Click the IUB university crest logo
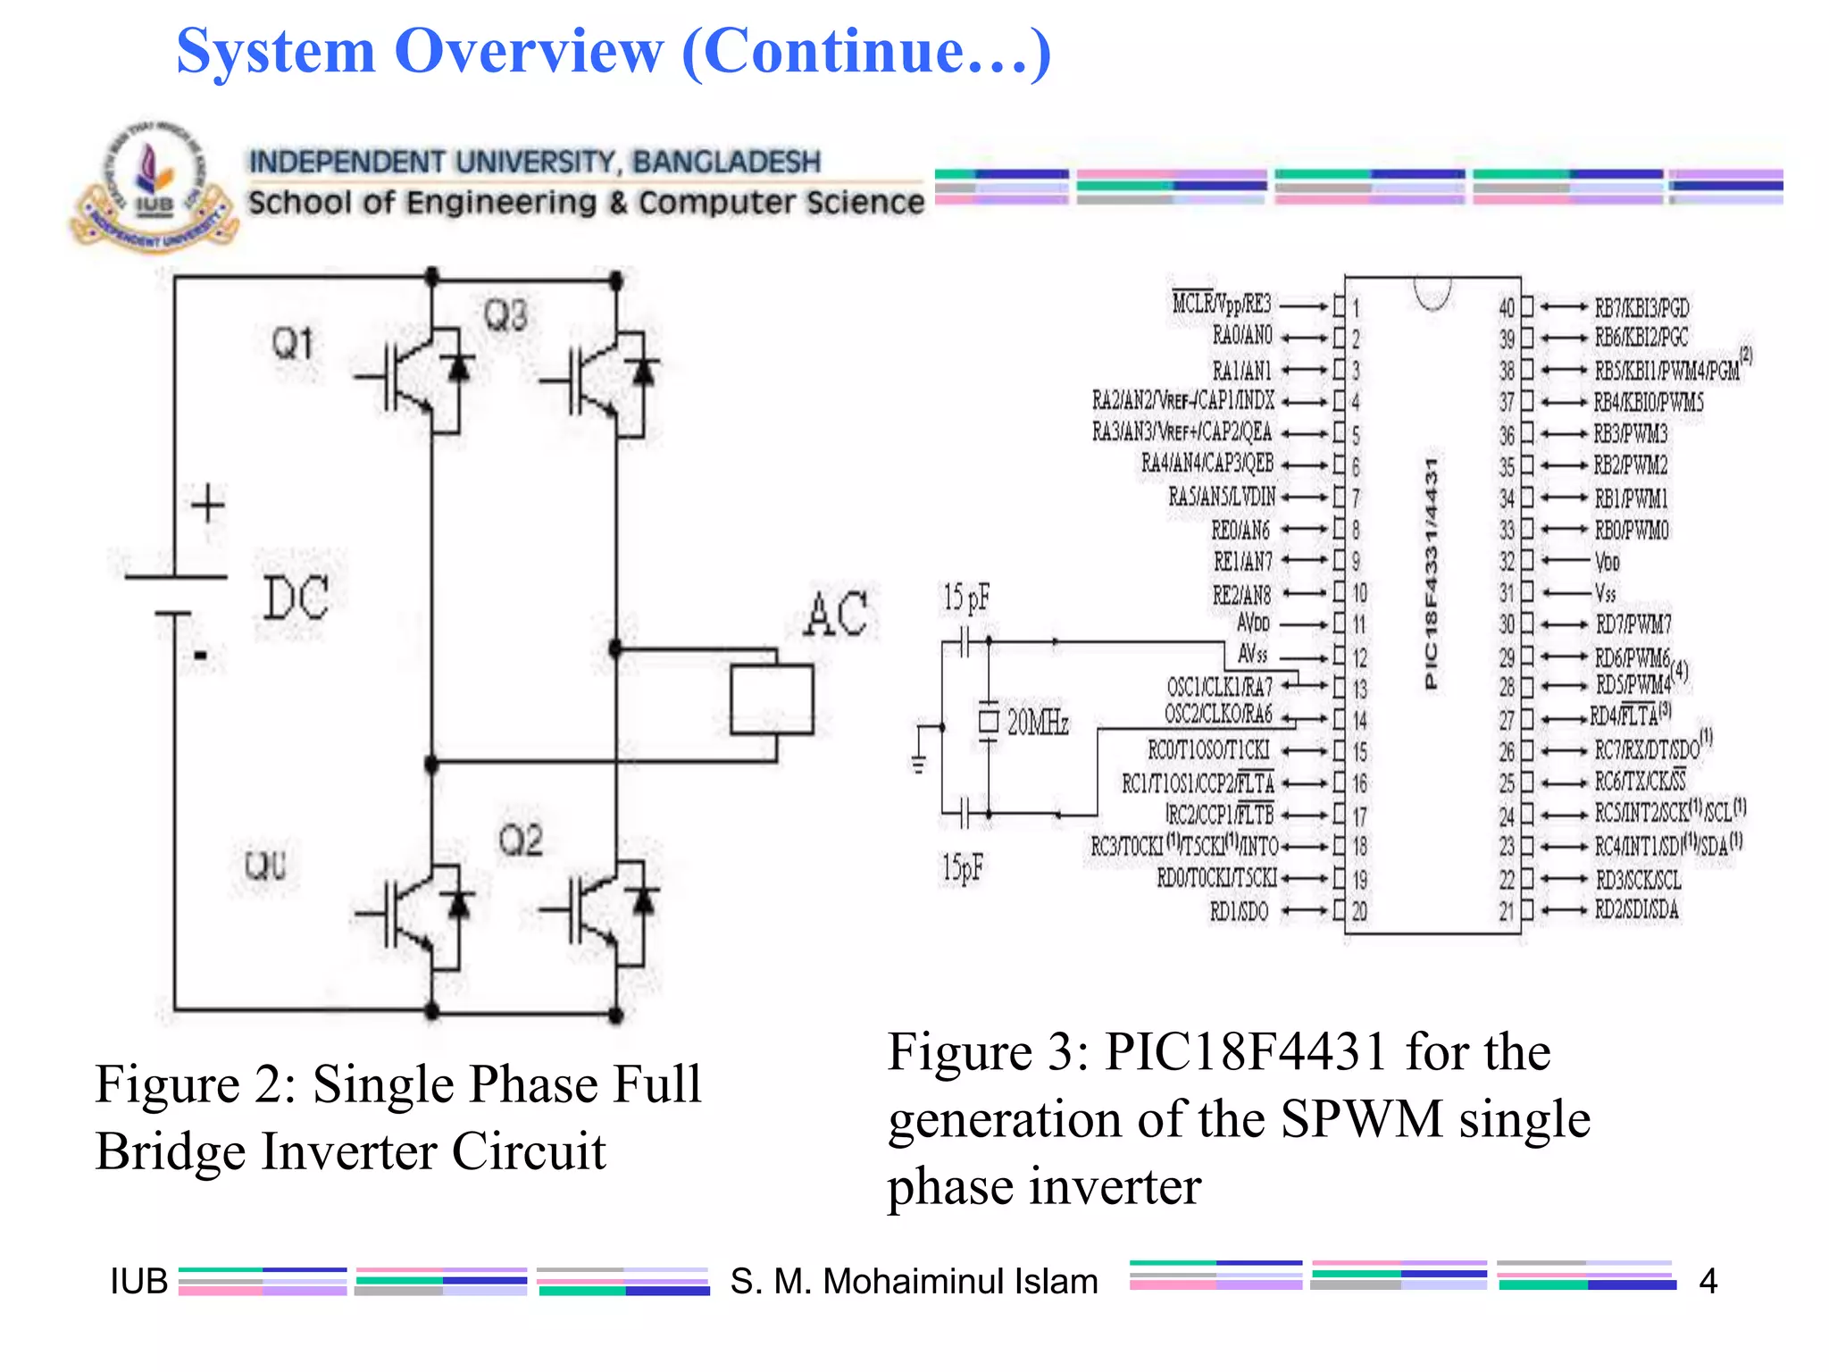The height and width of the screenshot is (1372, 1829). pos(154,188)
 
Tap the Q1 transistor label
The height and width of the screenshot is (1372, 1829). pos(293,344)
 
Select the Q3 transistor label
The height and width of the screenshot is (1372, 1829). pos(505,316)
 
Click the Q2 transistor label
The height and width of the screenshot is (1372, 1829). pos(521,841)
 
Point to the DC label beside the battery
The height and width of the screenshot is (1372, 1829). pos(296,598)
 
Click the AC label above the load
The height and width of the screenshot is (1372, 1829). pos(836,614)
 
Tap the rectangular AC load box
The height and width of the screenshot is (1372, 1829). pos(772,699)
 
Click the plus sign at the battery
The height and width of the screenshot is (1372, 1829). pos(208,505)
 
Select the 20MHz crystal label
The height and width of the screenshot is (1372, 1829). pos(1038,722)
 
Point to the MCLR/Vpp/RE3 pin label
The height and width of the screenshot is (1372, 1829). pos(1222,304)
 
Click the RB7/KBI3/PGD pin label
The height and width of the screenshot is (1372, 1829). pos(1642,308)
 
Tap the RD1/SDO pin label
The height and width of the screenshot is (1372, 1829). pos(1239,911)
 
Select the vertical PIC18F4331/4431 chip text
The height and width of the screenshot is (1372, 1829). pos(1431,573)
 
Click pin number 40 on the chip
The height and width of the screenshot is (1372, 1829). pos(1507,308)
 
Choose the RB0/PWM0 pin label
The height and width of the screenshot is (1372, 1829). pos(1632,531)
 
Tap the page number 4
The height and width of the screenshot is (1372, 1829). pos(1708,1281)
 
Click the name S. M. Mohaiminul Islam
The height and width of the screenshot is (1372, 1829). pos(914,1281)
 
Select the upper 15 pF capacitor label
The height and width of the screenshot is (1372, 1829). pos(966,598)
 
